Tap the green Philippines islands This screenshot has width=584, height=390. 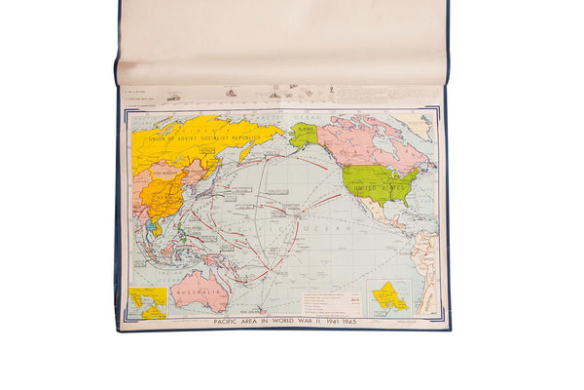(182, 232)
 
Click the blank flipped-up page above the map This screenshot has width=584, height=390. (282, 44)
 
